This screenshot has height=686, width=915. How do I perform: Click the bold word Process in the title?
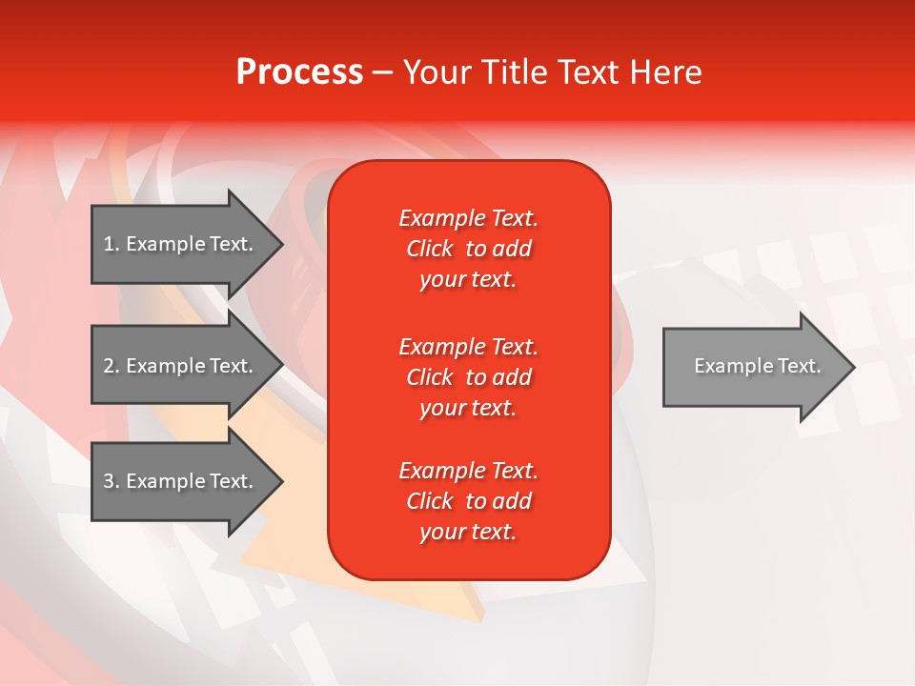pyautogui.click(x=299, y=72)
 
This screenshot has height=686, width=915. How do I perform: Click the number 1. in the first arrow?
pyautogui.click(x=112, y=244)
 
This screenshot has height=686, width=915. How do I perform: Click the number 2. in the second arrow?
pyautogui.click(x=112, y=366)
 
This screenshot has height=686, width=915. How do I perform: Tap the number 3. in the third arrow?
pyautogui.click(x=112, y=481)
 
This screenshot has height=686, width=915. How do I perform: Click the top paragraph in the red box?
pyautogui.click(x=468, y=249)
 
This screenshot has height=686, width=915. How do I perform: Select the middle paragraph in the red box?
pyautogui.click(x=468, y=377)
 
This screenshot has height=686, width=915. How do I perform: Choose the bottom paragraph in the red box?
pyautogui.click(x=468, y=501)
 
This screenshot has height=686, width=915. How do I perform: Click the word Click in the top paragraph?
pyautogui.click(x=430, y=249)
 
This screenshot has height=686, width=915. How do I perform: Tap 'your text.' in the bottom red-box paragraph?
pyautogui.click(x=468, y=532)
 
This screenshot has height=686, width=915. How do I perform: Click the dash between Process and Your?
pyautogui.click(x=382, y=72)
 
